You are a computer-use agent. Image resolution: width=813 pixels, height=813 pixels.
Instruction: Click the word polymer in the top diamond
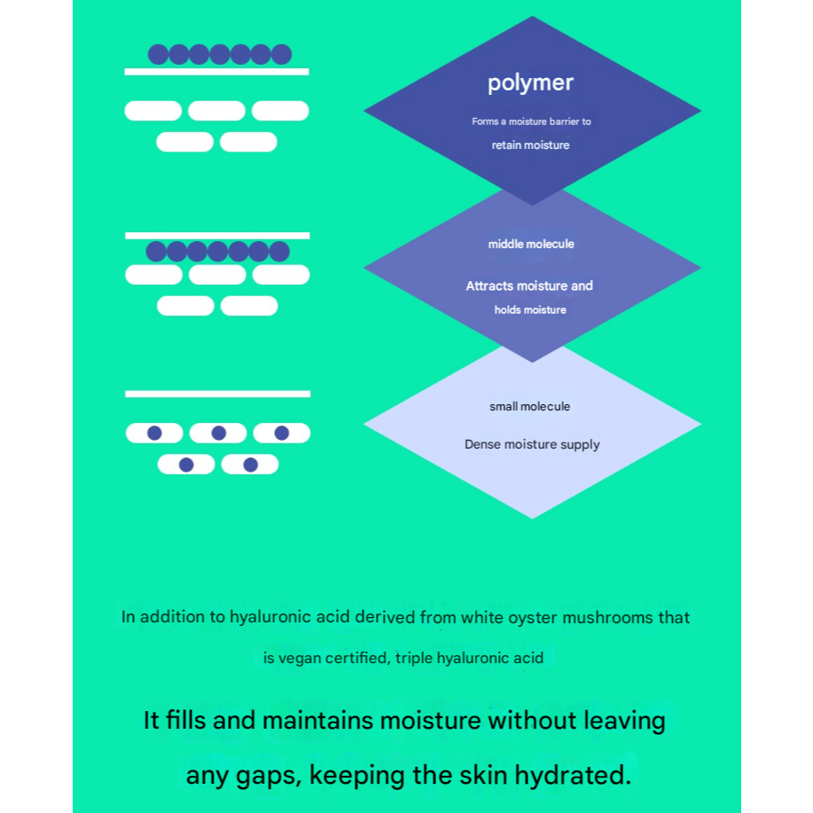(x=530, y=83)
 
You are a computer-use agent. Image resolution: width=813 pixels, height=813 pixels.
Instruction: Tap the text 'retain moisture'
(x=530, y=145)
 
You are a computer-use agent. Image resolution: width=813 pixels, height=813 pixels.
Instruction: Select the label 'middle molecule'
(x=531, y=244)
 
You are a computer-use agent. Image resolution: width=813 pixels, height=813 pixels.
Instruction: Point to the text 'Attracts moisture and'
(x=529, y=285)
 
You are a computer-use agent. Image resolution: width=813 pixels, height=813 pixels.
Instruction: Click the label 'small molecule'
(x=530, y=406)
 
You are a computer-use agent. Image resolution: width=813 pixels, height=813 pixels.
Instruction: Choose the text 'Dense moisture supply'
(x=532, y=444)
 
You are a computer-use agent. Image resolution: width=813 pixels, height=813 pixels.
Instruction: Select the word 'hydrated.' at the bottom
(x=573, y=775)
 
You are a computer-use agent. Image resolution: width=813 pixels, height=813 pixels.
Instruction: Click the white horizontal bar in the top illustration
(x=216, y=72)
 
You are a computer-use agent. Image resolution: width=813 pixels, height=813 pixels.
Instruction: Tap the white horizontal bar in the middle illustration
(x=217, y=236)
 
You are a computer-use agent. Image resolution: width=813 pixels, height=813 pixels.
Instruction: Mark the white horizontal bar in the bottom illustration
(x=218, y=394)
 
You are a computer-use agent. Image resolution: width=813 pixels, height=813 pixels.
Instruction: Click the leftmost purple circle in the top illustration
(x=158, y=54)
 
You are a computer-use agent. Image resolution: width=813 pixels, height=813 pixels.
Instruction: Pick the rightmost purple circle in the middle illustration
(x=279, y=252)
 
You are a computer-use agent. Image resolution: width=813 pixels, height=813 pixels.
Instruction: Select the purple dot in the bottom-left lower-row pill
(x=186, y=465)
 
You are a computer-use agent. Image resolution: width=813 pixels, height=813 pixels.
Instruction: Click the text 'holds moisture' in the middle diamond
(x=530, y=310)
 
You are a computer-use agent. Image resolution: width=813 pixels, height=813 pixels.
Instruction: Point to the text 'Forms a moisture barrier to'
(x=531, y=121)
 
